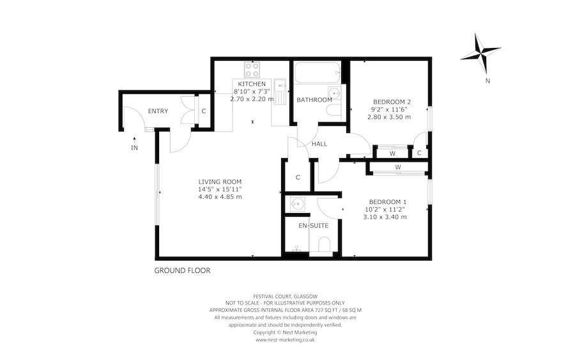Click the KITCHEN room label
point(252,84)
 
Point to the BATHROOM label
point(314,100)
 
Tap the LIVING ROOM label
point(220,182)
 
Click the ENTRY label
point(158,112)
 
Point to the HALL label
point(319,144)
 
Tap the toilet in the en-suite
point(323,246)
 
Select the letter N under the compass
point(487,81)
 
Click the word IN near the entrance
point(135,148)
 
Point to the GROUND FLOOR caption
point(182,270)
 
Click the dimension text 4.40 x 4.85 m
point(220,197)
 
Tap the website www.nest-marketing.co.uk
point(285,340)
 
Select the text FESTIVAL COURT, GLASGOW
point(285,296)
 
